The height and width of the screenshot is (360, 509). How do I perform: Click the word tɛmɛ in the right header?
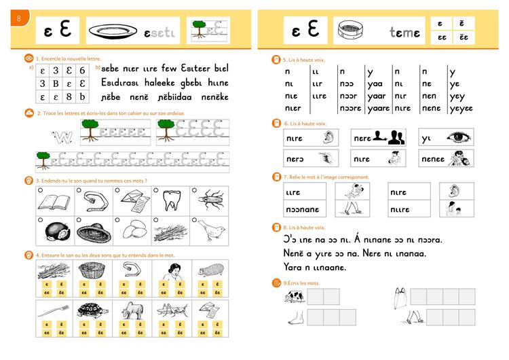[x=405, y=32]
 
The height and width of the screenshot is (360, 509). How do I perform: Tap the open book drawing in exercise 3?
[x=53, y=201]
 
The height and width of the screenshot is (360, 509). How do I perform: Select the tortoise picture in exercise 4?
[x=92, y=310]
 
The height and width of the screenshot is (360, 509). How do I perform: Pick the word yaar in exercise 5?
[x=376, y=96]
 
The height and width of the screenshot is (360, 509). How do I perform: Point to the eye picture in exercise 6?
[x=455, y=136]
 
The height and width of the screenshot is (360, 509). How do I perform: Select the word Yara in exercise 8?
[x=294, y=267]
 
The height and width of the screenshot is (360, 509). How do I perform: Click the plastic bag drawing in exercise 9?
[x=400, y=297]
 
